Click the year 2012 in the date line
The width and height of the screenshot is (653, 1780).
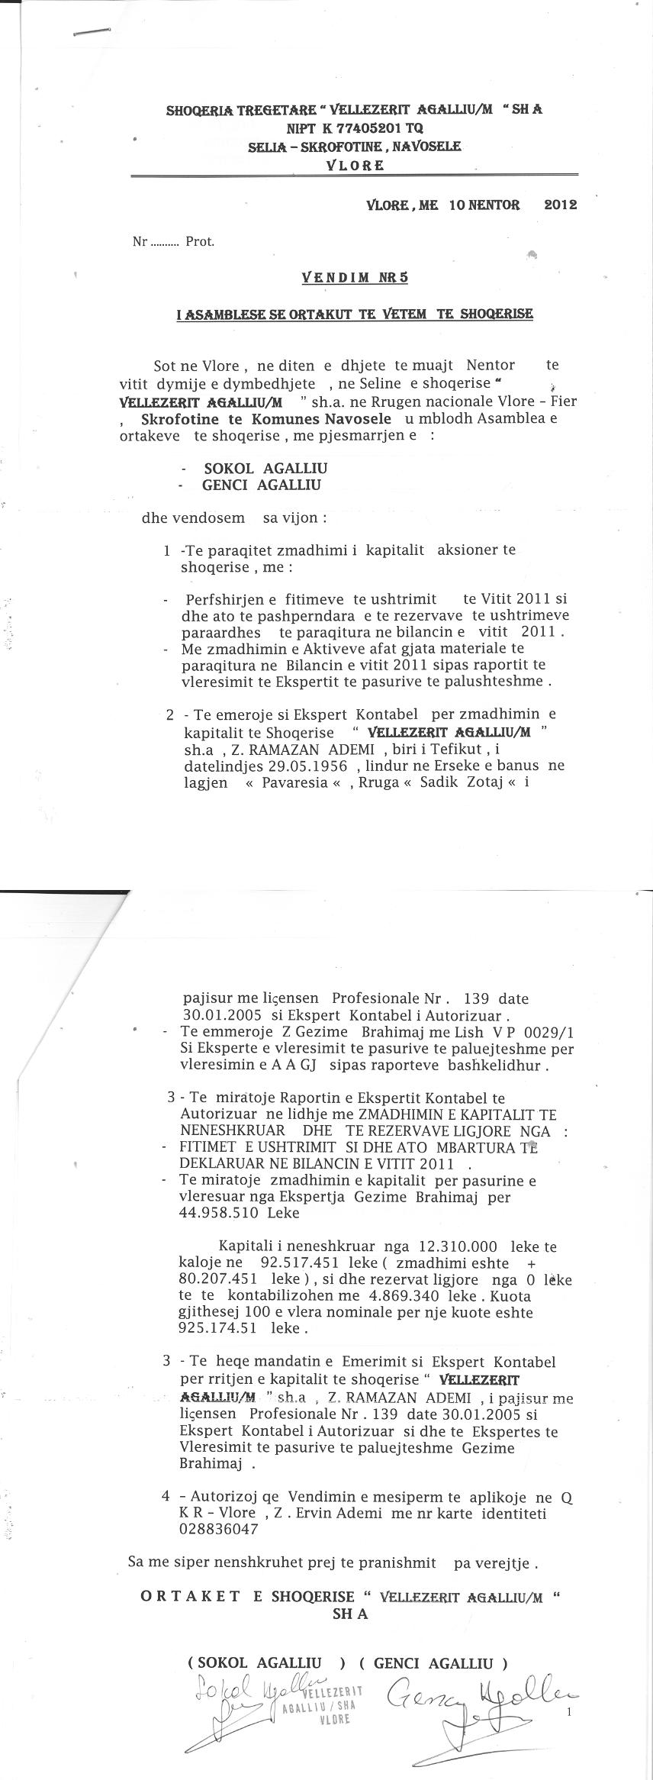tap(560, 205)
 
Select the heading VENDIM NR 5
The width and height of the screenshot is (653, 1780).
tap(355, 278)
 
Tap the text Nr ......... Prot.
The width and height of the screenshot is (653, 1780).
tap(173, 242)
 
